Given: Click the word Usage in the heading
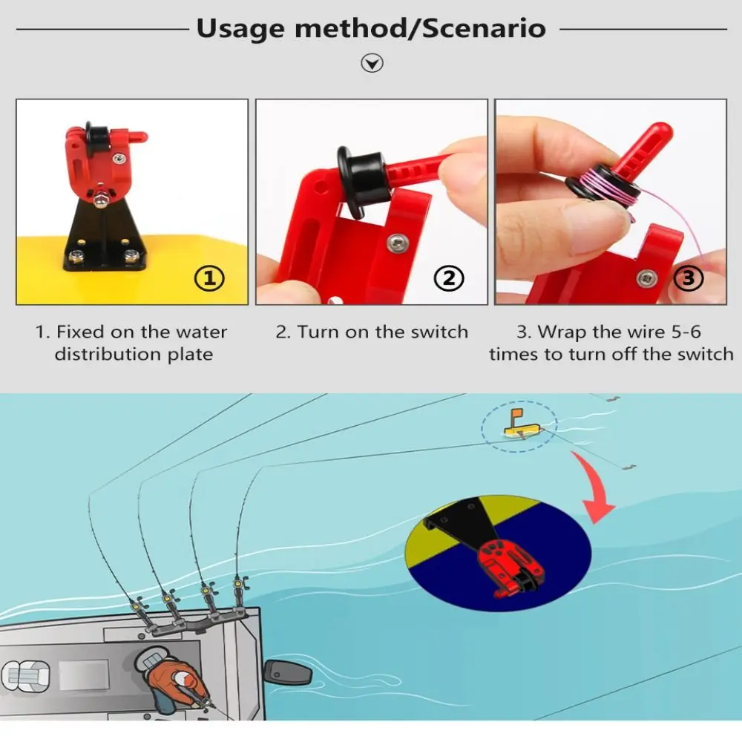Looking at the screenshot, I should point(240,29).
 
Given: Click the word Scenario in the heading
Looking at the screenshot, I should point(487,29).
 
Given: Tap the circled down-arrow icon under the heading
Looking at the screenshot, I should point(372,64).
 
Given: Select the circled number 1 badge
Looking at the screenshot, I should point(209,278).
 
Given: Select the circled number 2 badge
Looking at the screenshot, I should point(449,278).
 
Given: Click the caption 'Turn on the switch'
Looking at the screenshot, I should point(372,332).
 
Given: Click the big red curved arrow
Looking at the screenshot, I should point(597,490).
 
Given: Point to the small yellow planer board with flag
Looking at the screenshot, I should point(519,425).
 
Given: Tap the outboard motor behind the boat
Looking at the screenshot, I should point(287,672).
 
